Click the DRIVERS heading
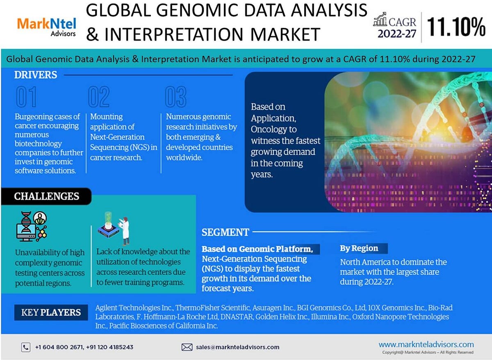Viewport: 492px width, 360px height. click(x=36, y=75)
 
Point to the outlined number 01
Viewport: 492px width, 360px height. click(x=26, y=97)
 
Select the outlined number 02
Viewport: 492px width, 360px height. click(x=99, y=97)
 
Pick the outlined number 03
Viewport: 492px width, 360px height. click(x=175, y=97)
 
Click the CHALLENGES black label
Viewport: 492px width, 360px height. click(x=46, y=196)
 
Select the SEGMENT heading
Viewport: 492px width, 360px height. click(x=225, y=232)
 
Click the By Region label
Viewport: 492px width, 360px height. click(x=359, y=248)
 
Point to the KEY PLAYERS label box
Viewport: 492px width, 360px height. click(x=51, y=312)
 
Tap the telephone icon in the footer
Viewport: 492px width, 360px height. click(x=25, y=347)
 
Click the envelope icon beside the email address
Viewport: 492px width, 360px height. click(x=187, y=347)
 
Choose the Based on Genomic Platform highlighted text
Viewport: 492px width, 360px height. click(x=257, y=249)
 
